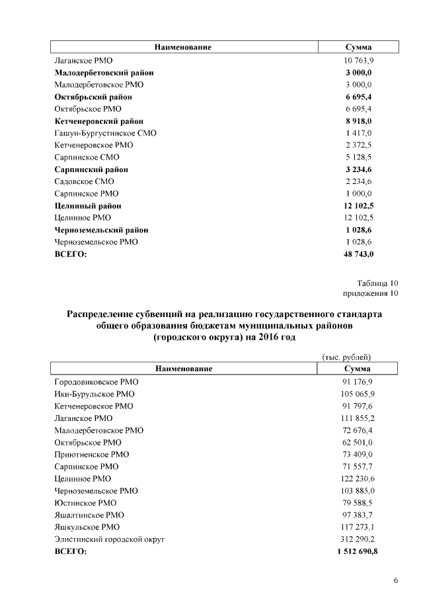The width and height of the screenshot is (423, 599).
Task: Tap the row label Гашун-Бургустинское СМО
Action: (x=105, y=133)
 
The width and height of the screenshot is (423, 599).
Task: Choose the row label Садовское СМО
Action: (x=84, y=181)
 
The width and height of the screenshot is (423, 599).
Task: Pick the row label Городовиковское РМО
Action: (x=96, y=382)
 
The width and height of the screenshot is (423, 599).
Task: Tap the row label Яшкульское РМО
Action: (x=87, y=527)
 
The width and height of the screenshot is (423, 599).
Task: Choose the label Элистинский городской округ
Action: (x=109, y=539)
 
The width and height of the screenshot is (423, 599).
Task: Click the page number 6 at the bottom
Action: (x=395, y=581)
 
